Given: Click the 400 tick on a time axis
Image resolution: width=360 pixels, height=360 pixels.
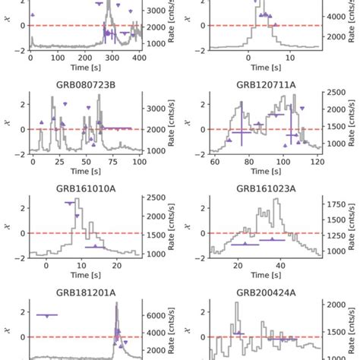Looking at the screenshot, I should click(x=139, y=58).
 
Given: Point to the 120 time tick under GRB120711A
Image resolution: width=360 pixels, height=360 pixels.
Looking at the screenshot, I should click(x=317, y=162).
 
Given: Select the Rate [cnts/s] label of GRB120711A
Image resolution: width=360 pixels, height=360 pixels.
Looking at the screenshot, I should click(x=350, y=122).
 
